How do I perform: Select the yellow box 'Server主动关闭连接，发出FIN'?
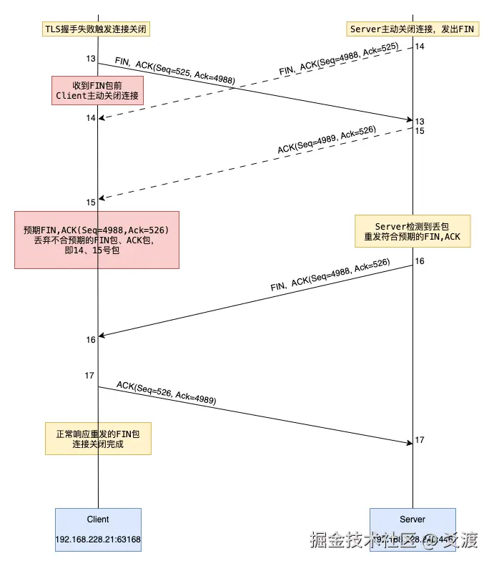[413, 29]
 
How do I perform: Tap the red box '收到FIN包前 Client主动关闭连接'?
[97, 91]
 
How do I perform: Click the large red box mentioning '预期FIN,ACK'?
[97, 240]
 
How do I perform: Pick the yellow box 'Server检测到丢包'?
[413, 231]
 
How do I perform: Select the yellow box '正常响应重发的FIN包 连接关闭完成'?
[98, 439]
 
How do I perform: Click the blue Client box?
[98, 530]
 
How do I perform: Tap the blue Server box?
[413, 530]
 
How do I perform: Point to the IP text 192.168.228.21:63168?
[98, 539]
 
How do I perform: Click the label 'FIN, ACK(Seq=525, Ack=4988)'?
[174, 71]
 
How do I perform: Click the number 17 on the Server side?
[420, 440]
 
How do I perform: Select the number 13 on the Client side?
[90, 59]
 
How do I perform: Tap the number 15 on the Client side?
[91, 203]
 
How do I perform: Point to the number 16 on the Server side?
[420, 261]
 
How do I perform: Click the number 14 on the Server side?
[420, 47]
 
